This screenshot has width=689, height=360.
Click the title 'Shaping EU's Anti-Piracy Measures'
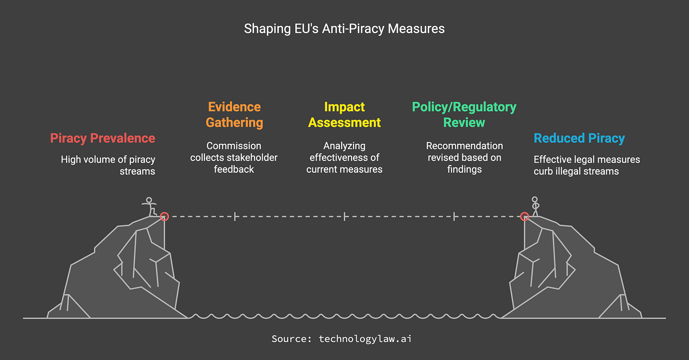[x=344, y=29]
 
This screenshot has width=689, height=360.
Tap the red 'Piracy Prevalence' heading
[x=103, y=138]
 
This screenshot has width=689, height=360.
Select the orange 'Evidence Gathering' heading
[x=234, y=114]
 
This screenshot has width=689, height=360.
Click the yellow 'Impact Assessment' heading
[x=344, y=114]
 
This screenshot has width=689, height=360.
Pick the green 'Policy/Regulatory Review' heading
[x=464, y=114]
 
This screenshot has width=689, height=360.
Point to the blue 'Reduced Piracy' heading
[x=579, y=138]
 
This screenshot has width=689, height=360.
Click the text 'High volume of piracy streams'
[x=108, y=166]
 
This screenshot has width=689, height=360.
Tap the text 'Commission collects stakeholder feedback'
[x=234, y=158]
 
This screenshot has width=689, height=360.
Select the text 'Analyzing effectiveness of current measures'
[x=344, y=158]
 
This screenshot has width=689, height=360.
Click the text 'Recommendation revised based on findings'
[x=464, y=158]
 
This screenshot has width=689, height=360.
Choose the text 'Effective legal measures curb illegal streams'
[x=587, y=166]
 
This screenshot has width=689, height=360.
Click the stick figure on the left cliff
[x=150, y=206]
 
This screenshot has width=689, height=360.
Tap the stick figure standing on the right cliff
[x=535, y=206]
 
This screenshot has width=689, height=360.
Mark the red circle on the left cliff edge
[x=164, y=217]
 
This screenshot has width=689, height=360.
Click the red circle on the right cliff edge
[x=524, y=217]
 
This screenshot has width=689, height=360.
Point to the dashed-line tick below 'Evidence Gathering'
[x=235, y=217]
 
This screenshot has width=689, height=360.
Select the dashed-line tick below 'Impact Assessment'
[x=344, y=217]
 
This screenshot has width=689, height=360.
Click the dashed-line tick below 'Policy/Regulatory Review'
[x=454, y=217]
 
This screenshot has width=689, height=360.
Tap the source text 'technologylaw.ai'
[x=365, y=339]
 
